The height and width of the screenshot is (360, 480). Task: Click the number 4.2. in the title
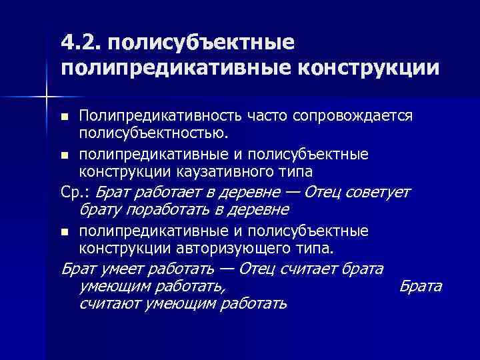tap(79, 43)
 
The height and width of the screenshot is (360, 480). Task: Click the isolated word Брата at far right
tap(420, 287)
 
